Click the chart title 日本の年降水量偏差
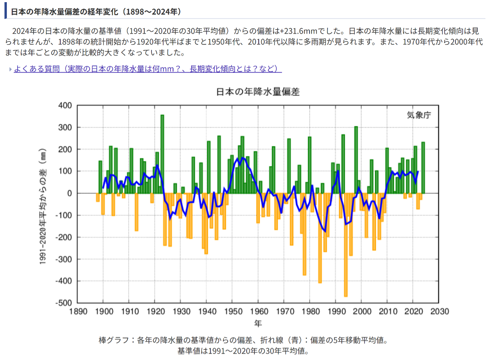coord(257,92)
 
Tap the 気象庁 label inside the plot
coord(418,115)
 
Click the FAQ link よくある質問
coord(148,69)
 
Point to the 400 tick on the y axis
coord(65,106)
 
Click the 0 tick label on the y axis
coord(68,194)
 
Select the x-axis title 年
coord(257,323)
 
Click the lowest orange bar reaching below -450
coord(346,245)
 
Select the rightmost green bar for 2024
coord(423,168)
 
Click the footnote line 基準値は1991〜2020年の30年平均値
coord(244,351)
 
